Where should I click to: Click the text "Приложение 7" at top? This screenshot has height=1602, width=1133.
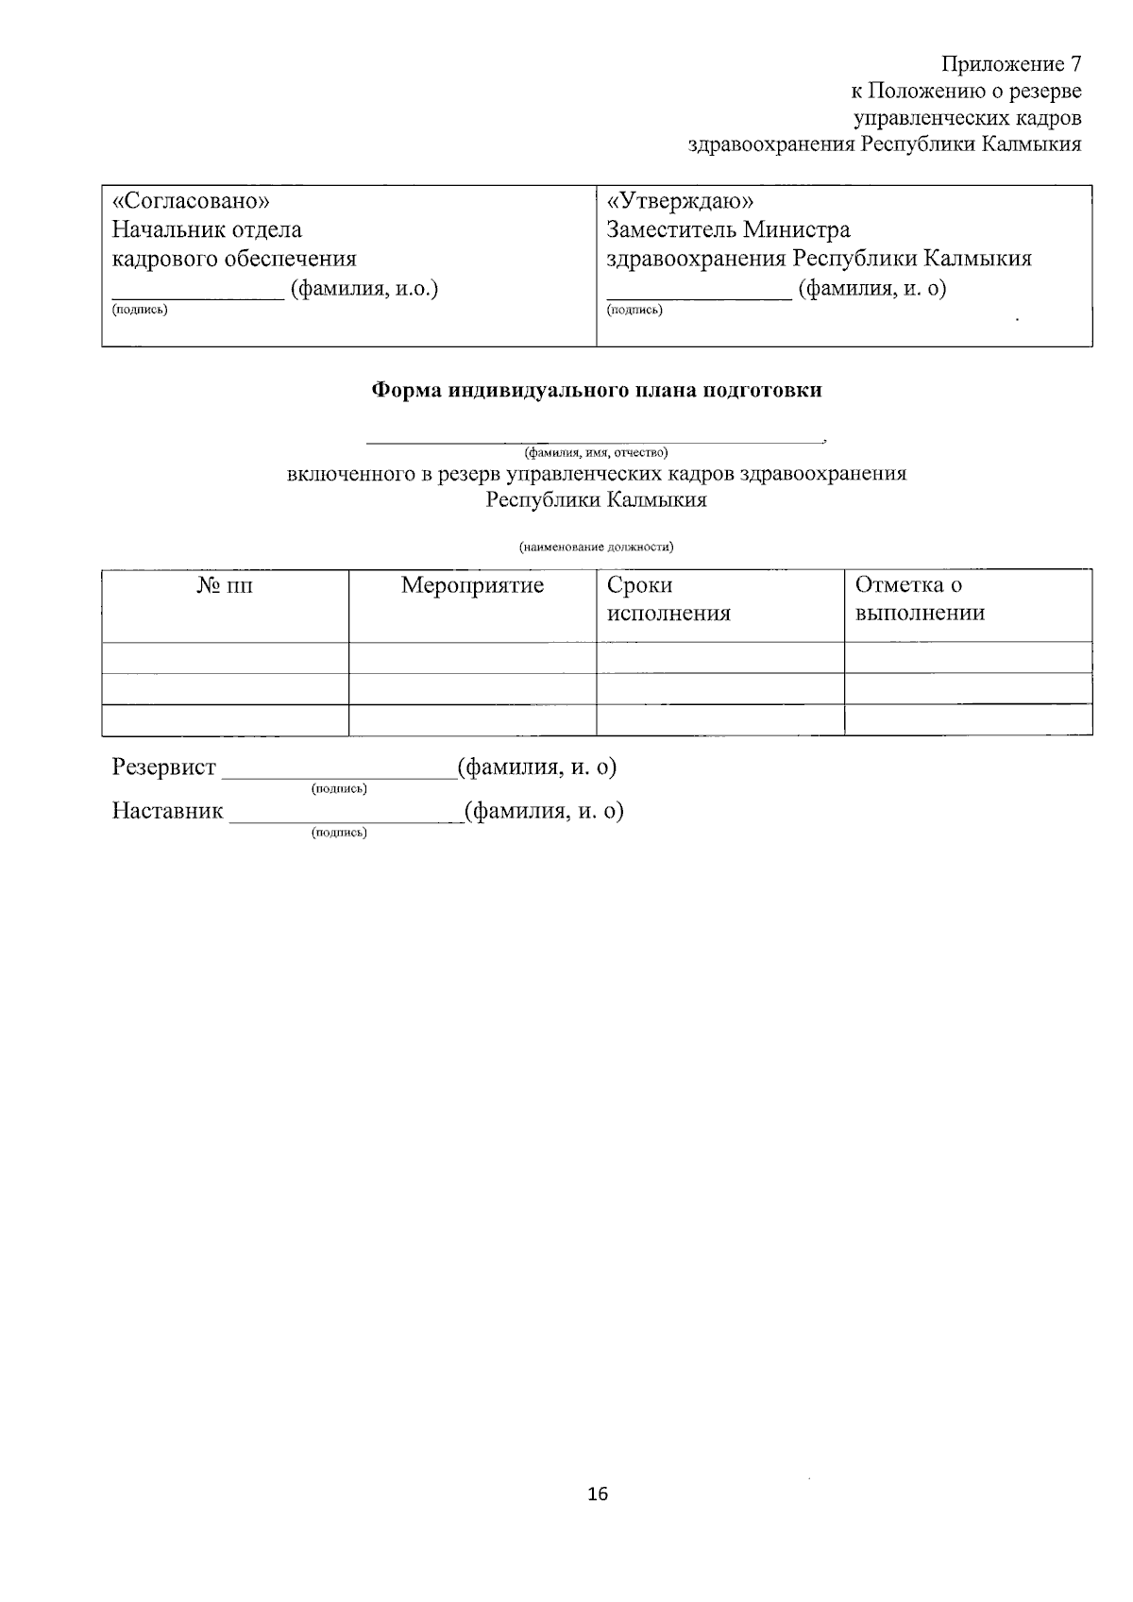[x=1010, y=64]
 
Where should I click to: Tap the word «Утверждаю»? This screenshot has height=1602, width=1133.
[x=680, y=201]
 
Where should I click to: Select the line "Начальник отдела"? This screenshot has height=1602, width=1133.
[x=207, y=229]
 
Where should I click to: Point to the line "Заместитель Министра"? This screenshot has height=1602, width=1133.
[x=728, y=229]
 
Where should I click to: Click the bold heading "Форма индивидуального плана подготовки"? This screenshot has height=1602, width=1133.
[x=597, y=390]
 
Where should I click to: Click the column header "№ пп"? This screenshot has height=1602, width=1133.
[x=225, y=585]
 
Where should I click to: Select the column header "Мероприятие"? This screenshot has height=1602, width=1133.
[x=472, y=585]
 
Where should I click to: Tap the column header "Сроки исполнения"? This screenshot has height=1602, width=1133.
[x=668, y=599]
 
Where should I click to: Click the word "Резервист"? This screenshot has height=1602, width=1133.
[x=164, y=767]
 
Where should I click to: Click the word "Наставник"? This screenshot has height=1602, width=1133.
[x=168, y=811]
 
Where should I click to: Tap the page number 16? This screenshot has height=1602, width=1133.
[x=597, y=1494]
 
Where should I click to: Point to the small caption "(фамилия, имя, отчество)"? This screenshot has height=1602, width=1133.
[x=597, y=452]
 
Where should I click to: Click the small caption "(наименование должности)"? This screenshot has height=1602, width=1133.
[x=597, y=547]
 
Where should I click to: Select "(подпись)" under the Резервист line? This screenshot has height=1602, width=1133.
[x=339, y=788]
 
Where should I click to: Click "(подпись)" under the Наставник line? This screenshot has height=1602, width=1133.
[x=339, y=833]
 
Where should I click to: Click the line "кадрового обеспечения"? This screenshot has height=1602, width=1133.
[x=234, y=259]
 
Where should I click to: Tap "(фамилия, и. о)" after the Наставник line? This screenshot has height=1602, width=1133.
[x=544, y=811]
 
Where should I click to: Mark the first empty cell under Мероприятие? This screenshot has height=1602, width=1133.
[x=472, y=657]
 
